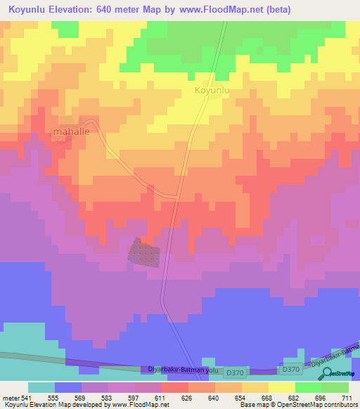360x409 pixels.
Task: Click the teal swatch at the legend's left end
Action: [41, 387]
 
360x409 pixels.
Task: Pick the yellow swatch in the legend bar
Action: [282, 387]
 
